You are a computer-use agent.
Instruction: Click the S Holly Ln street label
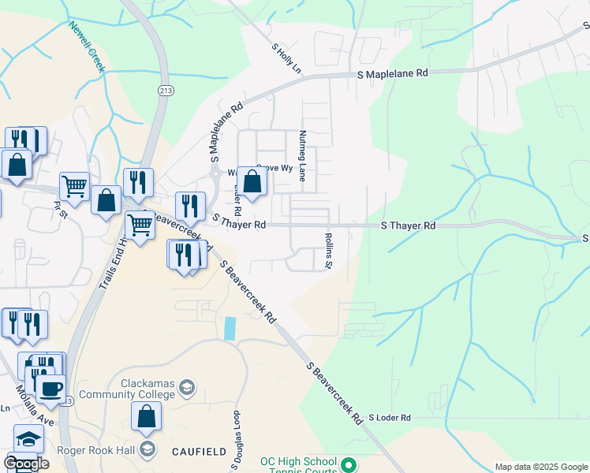(x=286, y=58)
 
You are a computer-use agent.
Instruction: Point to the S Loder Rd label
(x=390, y=417)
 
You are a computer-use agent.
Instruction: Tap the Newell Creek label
(x=86, y=47)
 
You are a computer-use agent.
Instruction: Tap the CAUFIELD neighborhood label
(x=199, y=451)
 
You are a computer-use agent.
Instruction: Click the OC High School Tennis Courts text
(x=299, y=466)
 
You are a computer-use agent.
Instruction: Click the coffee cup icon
(x=52, y=389)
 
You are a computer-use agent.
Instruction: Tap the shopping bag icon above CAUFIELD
(x=147, y=416)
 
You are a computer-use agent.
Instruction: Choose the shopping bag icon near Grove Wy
(x=252, y=182)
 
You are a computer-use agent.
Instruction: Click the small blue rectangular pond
(x=230, y=328)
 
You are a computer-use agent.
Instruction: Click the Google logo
(x=26, y=463)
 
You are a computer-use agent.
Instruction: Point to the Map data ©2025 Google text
(x=541, y=467)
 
